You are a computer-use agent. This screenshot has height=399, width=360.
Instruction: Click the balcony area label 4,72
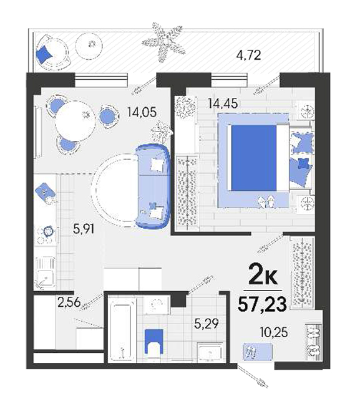(248, 55)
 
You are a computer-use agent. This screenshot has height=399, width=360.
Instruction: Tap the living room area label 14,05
(142, 112)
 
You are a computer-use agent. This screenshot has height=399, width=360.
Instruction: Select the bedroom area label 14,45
(223, 103)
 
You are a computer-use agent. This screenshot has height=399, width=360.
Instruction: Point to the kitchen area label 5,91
(84, 229)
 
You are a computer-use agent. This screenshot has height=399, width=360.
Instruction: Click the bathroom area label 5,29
(207, 324)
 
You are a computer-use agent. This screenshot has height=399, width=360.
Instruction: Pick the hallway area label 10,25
(274, 332)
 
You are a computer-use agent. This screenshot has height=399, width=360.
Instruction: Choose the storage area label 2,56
(69, 302)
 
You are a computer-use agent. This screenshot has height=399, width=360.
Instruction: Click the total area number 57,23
(262, 304)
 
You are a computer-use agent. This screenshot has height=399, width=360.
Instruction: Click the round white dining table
(75, 121)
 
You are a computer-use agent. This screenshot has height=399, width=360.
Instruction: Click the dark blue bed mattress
(254, 158)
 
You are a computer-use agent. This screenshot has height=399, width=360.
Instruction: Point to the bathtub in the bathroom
(122, 329)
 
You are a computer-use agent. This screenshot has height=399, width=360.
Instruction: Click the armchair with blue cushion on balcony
(52, 52)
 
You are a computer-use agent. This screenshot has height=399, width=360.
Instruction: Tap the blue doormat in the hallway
(258, 352)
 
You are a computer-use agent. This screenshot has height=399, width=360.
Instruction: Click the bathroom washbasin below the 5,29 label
(210, 352)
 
